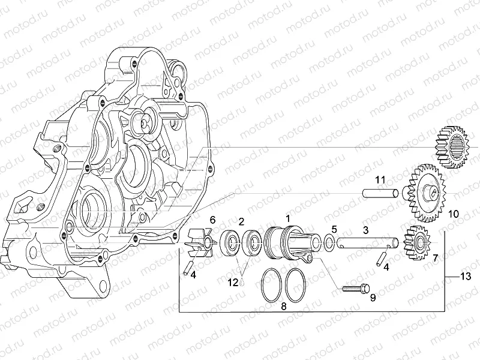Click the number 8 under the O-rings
tap(284, 305)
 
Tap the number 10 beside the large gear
tap(453, 213)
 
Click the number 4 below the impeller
tap(192, 274)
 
